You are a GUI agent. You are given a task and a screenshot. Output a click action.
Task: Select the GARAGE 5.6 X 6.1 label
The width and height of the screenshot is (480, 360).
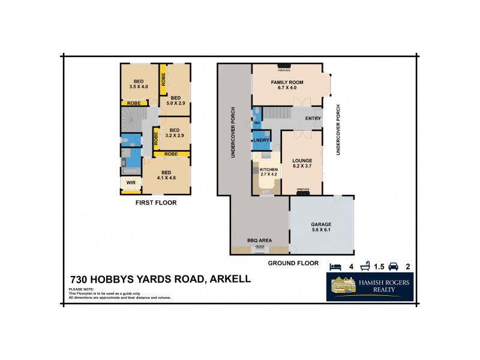click(x=321, y=227)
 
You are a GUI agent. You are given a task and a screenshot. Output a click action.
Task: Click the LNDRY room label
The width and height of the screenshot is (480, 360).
click(x=261, y=140)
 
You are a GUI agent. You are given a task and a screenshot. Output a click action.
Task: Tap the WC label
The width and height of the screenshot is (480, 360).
click(x=257, y=124)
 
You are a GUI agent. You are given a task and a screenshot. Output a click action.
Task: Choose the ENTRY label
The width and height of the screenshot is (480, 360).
click(x=313, y=118)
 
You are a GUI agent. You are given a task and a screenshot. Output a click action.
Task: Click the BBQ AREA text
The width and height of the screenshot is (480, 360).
click(x=260, y=240)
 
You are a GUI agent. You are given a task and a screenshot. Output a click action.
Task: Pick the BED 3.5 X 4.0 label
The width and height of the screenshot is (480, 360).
click(x=139, y=84)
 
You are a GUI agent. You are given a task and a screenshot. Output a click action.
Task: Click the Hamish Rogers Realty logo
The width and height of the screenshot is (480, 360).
click(x=370, y=287)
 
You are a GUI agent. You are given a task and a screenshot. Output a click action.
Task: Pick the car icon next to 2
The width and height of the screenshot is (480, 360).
click(x=394, y=266)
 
